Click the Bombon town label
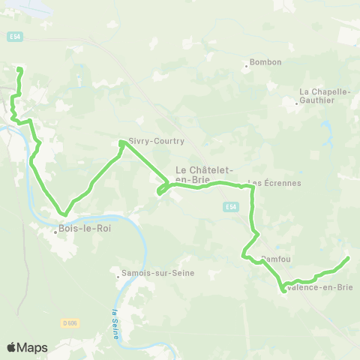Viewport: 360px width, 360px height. [265, 62]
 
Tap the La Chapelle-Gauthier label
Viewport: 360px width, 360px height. [325, 96]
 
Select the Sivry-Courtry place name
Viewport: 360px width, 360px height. [157, 141]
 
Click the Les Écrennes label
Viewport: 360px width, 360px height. [274, 183]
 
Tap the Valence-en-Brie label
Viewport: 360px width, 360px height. [320, 287]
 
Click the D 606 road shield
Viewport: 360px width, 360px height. [70, 323]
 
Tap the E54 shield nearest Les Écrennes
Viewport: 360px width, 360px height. [231, 207]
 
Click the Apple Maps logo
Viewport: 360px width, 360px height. [27, 347]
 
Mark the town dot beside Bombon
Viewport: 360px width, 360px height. [246, 66]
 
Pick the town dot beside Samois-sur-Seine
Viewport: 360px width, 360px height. [118, 276]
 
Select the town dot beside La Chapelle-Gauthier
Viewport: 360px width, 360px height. [297, 102]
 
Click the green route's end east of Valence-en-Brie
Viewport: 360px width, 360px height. [347, 259]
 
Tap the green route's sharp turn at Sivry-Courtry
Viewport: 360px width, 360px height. [121, 142]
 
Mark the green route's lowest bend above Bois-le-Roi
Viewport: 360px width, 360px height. [64, 214]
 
